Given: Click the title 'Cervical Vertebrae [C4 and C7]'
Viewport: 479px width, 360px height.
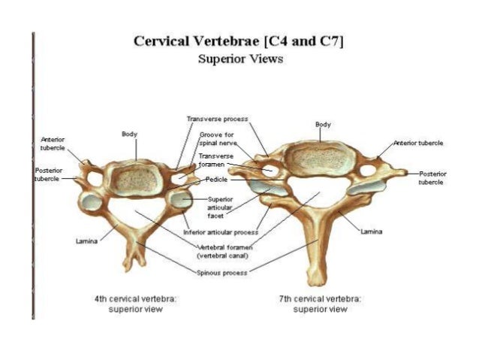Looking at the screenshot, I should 239,41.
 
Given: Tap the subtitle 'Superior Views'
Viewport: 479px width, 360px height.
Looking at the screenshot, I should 239,59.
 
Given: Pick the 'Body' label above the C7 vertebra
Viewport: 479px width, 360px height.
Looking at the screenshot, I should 323,124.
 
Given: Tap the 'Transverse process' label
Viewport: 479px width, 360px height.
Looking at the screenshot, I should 217,119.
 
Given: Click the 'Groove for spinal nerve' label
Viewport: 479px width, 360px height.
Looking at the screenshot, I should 215,138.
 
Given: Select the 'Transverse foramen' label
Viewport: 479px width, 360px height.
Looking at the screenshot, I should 215,159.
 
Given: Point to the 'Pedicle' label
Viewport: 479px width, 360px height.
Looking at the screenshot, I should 217,180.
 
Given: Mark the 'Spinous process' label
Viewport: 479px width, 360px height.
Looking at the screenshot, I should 221,273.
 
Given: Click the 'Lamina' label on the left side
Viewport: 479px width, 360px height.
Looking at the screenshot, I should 84,241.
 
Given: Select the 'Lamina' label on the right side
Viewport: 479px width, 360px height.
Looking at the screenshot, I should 372,231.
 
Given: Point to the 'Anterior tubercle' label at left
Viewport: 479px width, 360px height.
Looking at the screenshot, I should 53,144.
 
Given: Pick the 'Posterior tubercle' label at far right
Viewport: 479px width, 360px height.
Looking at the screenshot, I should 432,177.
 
